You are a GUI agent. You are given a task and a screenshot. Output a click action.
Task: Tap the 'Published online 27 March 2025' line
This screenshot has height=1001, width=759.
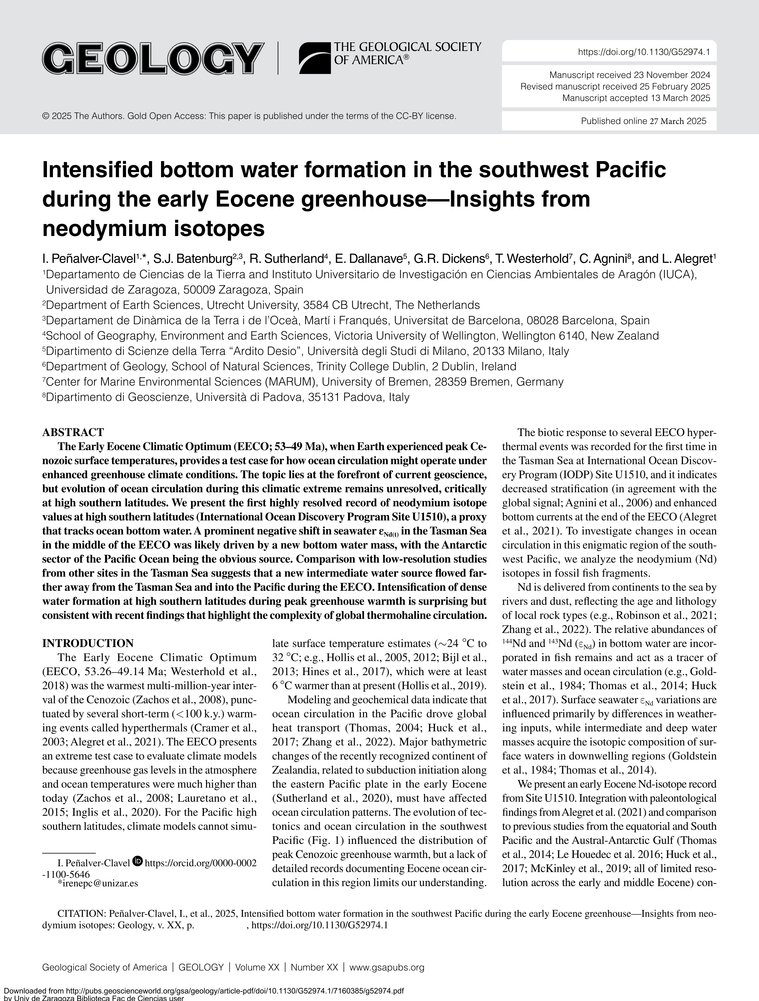[x=643, y=121]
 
